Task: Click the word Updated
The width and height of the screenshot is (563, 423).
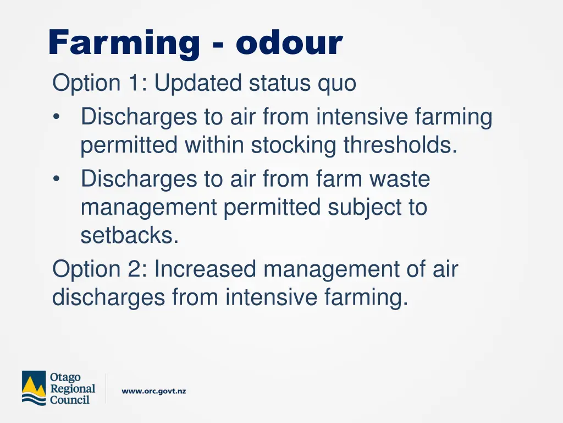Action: tap(198, 84)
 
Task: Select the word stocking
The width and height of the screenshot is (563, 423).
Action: tap(295, 146)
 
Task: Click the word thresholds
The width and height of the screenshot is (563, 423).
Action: tap(401, 145)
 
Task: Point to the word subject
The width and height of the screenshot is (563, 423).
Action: tap(364, 208)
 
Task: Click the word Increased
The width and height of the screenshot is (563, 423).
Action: tap(206, 270)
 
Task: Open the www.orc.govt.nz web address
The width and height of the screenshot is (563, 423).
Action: tap(153, 391)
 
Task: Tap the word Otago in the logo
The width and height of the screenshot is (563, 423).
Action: tap(65, 377)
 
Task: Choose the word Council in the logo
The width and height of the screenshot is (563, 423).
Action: tap(69, 400)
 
